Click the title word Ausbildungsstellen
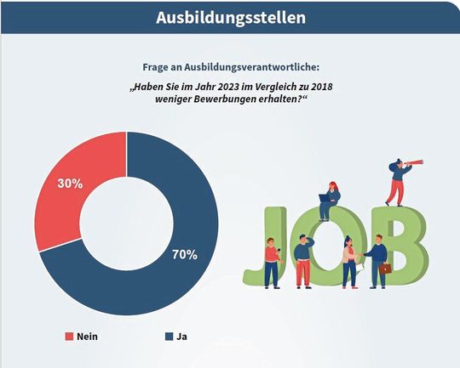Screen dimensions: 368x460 (230, 17)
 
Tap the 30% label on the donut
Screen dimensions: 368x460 (69, 182)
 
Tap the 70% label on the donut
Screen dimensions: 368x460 (183, 254)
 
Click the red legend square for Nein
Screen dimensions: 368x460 (69, 337)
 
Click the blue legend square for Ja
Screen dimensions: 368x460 (168, 337)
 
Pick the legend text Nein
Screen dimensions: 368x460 (87, 337)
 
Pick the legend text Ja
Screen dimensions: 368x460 (182, 337)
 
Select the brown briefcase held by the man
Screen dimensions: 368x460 (385, 268)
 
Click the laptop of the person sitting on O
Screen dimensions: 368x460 (324, 196)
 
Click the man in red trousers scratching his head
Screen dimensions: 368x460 (302, 259)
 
